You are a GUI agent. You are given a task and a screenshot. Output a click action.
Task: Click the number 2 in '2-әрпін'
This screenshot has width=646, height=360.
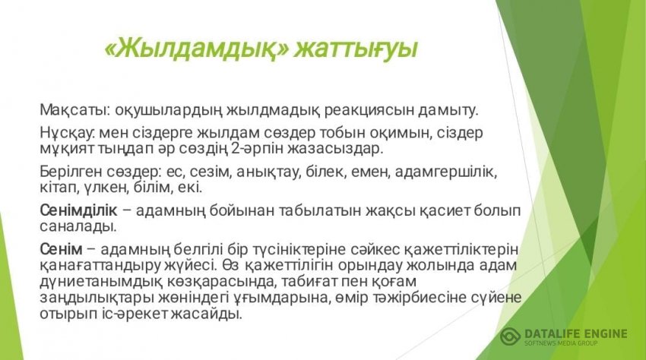click(236, 149)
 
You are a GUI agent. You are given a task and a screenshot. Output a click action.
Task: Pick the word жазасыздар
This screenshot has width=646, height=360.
click(334, 149)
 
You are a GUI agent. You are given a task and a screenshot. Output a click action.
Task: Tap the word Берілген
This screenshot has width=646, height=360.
click(71, 172)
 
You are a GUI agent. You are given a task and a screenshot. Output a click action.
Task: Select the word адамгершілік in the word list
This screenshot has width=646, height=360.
click(446, 172)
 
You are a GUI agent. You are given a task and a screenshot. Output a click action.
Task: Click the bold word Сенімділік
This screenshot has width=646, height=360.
click(78, 210)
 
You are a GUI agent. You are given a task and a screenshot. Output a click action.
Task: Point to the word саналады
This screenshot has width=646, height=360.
click(78, 226)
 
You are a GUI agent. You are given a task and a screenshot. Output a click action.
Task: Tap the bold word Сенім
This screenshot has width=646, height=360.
click(61, 249)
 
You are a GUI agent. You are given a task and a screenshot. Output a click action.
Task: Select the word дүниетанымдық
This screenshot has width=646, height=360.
click(100, 282)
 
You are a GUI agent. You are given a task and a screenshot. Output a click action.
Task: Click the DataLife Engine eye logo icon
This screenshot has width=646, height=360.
click(511, 337)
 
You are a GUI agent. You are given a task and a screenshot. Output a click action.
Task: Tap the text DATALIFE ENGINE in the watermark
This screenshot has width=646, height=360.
click(576, 333)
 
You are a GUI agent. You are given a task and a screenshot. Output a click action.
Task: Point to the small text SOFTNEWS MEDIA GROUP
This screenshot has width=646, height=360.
click(561, 343)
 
